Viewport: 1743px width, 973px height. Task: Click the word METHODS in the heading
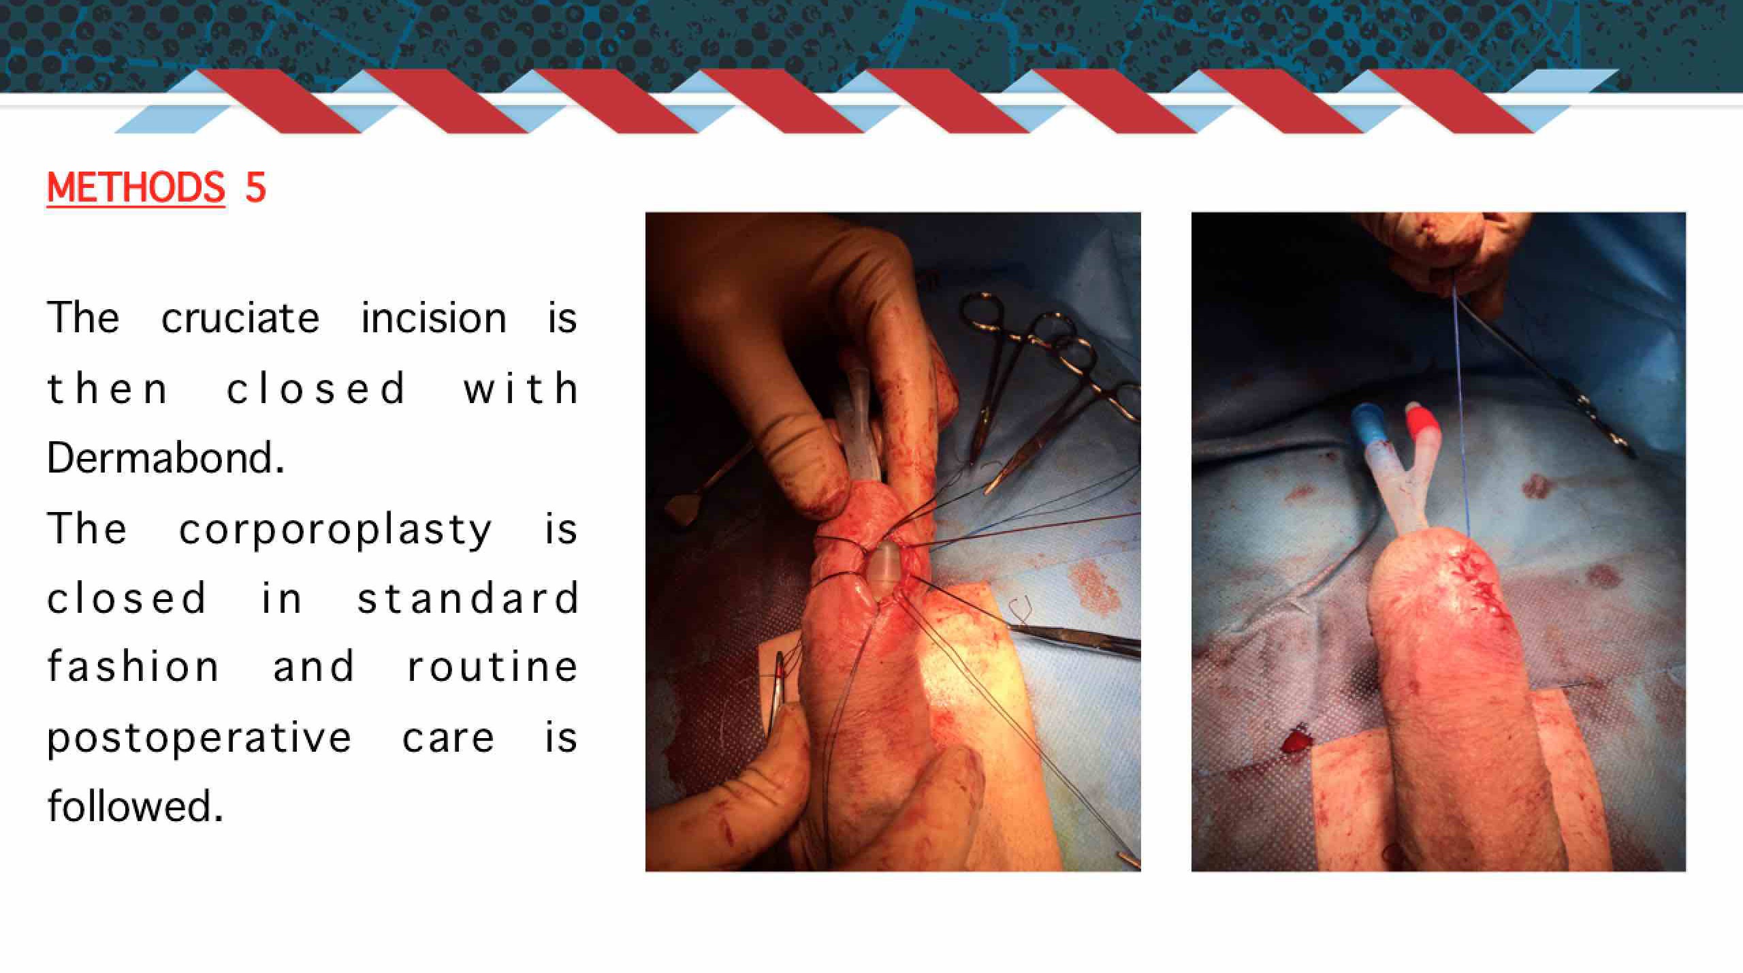point(135,187)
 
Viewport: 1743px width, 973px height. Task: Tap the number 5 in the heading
point(255,187)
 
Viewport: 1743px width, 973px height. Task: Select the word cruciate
point(240,318)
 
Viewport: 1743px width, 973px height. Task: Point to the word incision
point(434,318)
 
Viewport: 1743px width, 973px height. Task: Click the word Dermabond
point(165,458)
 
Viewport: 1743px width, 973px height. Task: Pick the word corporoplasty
point(335,530)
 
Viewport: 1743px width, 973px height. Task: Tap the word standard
point(468,598)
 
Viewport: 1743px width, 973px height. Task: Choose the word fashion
point(133,666)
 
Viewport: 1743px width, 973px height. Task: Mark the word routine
point(492,666)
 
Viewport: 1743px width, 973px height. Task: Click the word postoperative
point(199,738)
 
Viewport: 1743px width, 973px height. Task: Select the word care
point(448,738)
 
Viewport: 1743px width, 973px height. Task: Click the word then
point(107,389)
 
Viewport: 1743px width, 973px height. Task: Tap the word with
point(521,389)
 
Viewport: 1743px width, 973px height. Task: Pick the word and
point(313,666)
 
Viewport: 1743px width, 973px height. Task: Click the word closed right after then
point(316,389)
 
